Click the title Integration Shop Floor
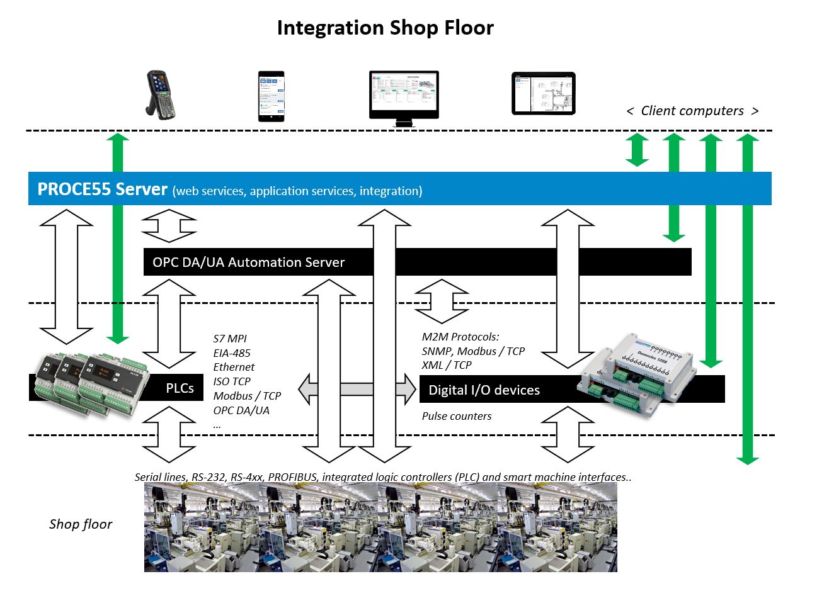pos(385,28)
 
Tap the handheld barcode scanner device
pos(160,95)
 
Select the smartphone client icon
pos(271,96)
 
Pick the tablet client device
pos(543,93)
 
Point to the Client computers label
pos(692,111)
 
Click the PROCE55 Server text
pos(102,189)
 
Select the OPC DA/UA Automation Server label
pos(248,262)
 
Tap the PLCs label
pos(180,388)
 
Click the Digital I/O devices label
pos(484,390)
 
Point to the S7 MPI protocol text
pos(230,339)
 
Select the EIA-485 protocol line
pos(232,353)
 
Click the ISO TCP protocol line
pos(232,381)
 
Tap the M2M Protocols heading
pos(460,337)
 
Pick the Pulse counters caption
pos(457,416)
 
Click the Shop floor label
pos(81,524)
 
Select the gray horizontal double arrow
pos(357,388)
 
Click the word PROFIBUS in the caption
pos(293,477)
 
